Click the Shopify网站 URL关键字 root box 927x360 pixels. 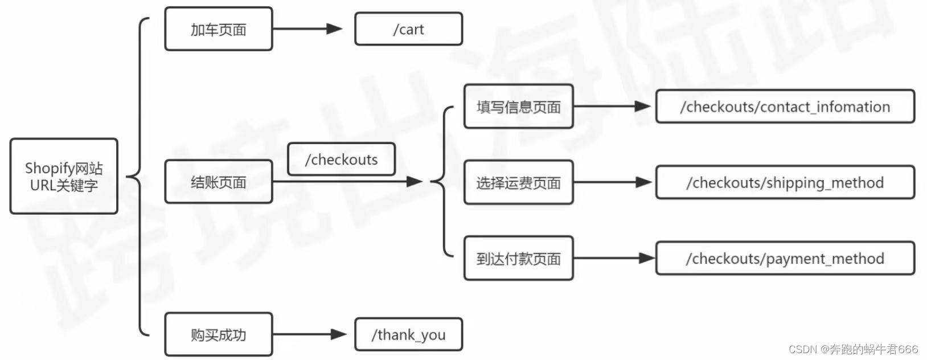pos(64,176)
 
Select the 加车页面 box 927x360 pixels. pos(218,29)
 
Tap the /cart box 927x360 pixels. pos(408,29)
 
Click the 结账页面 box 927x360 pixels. pos(218,182)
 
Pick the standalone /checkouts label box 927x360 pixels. pos(341,159)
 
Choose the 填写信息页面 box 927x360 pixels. pos(518,107)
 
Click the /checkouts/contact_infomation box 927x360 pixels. pos(785,107)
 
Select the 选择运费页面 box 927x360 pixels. pos(518,182)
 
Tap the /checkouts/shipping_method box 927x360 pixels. pos(785,182)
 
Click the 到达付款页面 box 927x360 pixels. pos(518,259)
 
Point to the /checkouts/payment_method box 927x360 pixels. pos(785,259)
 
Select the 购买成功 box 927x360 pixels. pos(218,334)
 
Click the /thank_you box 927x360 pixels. pos(408,334)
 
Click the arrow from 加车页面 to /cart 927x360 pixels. pos(307,29)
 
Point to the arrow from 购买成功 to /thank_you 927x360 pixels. pos(309,334)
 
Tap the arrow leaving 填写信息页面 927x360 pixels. pos(612,107)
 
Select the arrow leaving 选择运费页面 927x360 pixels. pos(612,182)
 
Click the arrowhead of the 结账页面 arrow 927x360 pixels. pos(414,182)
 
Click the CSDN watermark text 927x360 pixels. pos(853,349)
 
